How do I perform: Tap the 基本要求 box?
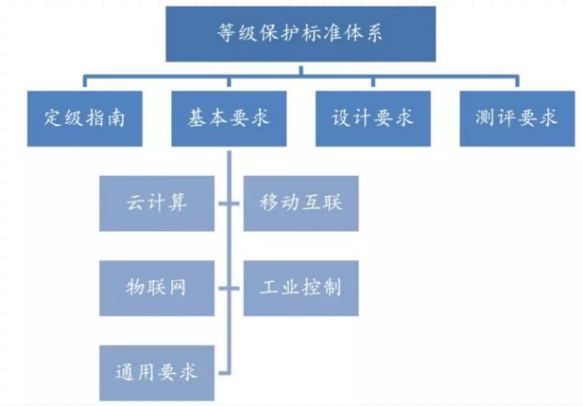(230, 118)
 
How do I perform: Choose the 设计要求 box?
(373, 118)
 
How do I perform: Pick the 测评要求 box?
(517, 118)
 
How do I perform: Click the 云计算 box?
(157, 203)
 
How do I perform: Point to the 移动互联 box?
(300, 203)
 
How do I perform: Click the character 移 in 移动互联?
(266, 203)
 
